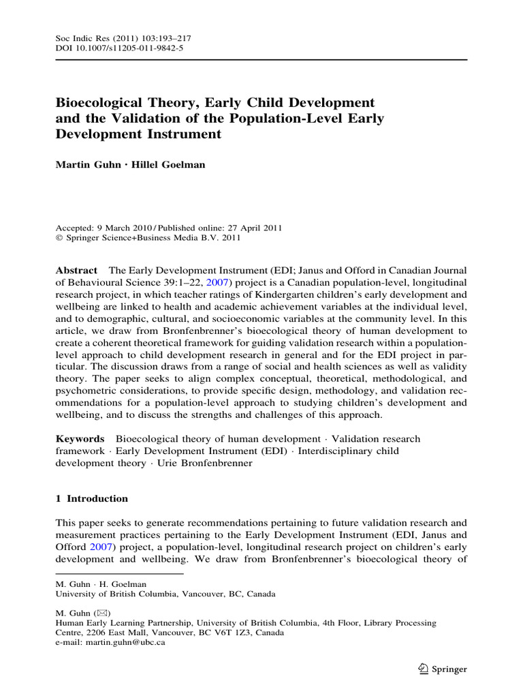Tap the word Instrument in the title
182,134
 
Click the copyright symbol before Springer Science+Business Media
58,238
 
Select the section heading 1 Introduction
91,498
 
